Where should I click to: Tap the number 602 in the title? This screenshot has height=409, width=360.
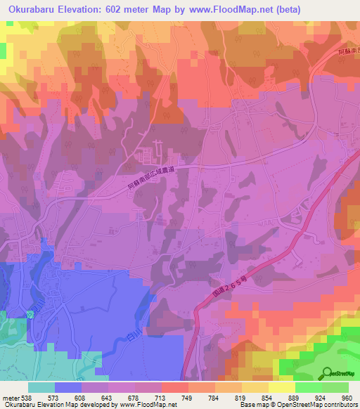pos(123,9)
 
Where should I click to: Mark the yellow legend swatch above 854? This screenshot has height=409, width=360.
pos(255,387)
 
